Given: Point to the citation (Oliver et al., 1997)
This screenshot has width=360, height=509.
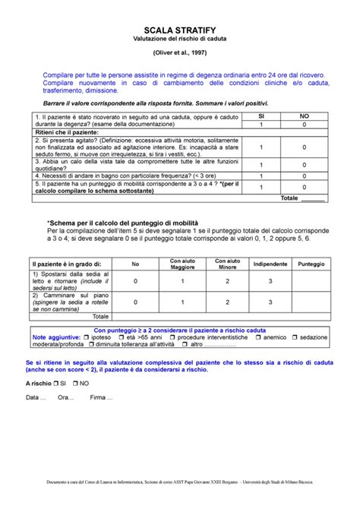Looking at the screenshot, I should click(180, 53).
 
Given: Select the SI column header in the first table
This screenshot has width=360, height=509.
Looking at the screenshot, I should click(262, 115).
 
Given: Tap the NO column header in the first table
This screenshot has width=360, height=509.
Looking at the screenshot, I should click(305, 115).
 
